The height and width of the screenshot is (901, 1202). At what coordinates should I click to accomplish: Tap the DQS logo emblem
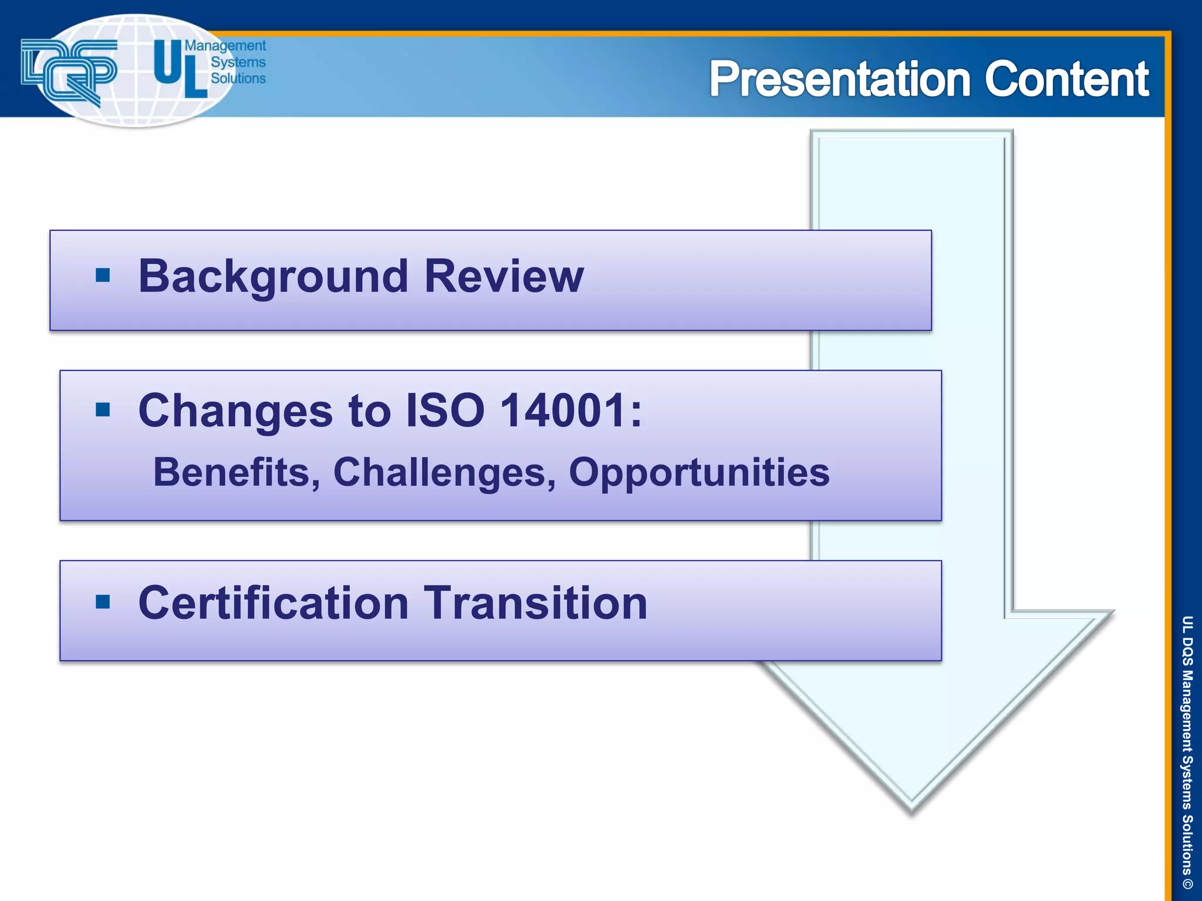68,71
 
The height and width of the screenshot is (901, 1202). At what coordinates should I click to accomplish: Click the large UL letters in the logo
179,68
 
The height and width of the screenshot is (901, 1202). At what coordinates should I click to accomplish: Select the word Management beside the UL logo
225,46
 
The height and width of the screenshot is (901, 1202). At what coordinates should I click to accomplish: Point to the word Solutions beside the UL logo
238,79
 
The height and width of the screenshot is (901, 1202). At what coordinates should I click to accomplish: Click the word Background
273,277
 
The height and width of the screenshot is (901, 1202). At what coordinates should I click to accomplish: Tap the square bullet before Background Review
103,275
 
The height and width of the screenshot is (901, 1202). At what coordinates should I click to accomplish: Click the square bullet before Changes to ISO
103,409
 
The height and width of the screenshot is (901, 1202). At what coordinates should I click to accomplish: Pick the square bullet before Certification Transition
103,602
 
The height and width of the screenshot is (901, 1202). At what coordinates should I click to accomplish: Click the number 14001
563,411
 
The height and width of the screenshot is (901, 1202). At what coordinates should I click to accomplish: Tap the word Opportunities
698,473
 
